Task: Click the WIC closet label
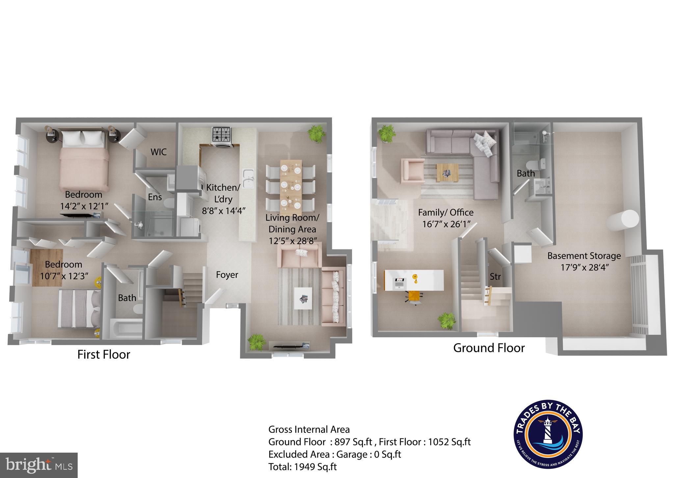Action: [158, 152]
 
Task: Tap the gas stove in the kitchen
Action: [222, 135]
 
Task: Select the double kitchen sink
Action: [248, 178]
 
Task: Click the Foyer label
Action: [227, 275]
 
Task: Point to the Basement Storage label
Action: [584, 256]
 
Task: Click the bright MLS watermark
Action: [39, 465]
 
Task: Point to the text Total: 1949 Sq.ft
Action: [302, 467]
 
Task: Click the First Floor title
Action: [104, 354]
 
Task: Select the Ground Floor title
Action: [489, 348]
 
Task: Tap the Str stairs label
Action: [495, 276]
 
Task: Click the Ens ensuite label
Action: [155, 197]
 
